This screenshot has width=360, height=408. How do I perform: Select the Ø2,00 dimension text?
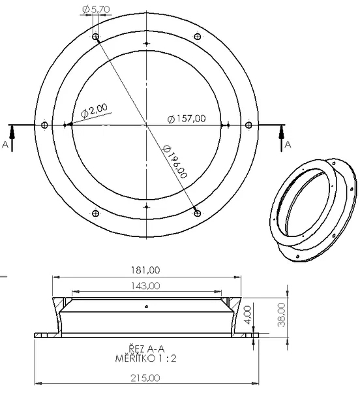[95, 110]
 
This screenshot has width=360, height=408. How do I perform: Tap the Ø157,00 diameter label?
[187, 118]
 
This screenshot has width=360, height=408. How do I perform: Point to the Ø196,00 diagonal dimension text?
[176, 165]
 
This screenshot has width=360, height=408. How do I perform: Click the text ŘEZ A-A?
[146, 349]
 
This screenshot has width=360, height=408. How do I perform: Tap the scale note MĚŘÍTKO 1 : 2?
[146, 358]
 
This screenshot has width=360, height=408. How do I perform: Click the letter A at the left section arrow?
[6, 145]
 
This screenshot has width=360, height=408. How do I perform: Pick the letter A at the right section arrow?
[287, 145]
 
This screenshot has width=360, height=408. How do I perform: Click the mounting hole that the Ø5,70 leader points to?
[96, 37]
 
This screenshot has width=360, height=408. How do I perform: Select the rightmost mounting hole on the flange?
[248, 125]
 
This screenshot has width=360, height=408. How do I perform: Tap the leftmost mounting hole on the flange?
[44, 125]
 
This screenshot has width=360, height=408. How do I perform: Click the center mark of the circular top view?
[146, 125]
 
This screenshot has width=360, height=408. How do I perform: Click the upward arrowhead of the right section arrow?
[282, 129]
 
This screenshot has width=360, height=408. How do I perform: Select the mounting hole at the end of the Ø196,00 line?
[197, 212]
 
